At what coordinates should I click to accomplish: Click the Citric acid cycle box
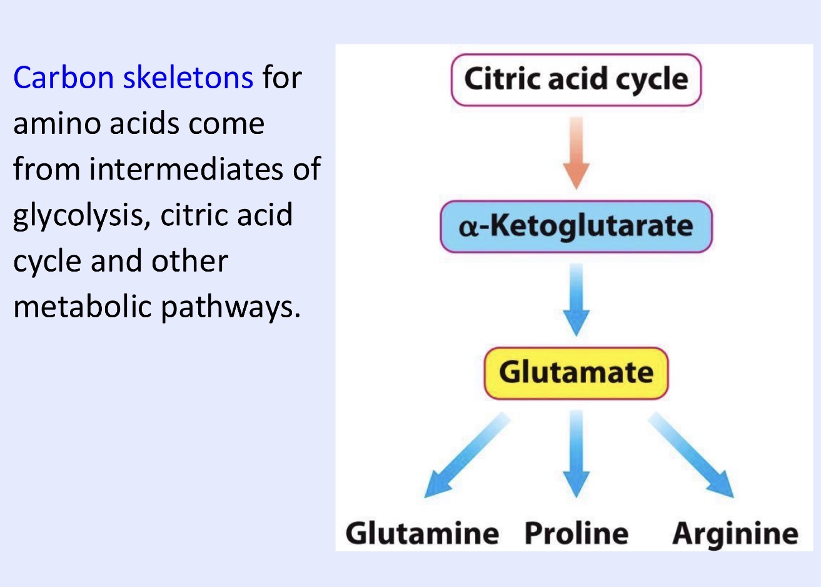576,80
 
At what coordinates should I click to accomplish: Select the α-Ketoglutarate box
576,227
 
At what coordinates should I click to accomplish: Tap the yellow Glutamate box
576,373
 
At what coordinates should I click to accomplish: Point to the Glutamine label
422,534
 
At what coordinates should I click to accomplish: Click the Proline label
576,534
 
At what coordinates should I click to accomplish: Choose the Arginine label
735,534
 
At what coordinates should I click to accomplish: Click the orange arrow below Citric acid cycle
576,153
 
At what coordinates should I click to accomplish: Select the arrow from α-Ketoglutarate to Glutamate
576,299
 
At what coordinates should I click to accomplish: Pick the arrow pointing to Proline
576,454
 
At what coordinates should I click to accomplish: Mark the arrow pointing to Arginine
691,455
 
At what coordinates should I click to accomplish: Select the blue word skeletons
188,78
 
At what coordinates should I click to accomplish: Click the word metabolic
83,307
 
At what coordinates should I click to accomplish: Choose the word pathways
230,307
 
